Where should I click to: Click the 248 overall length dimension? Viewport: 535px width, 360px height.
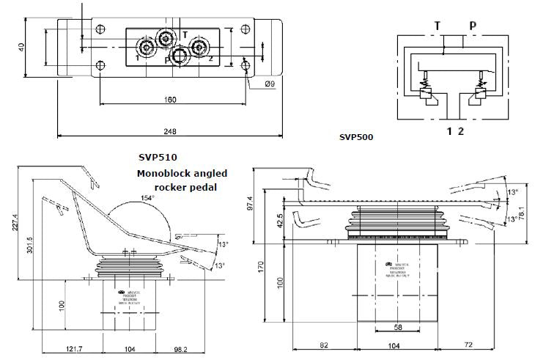coord(170,131)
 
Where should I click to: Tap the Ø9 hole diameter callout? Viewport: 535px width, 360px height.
coord(269,84)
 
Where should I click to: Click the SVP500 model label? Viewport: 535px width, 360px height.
coord(356,136)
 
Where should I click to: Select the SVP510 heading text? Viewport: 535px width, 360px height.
coord(158,157)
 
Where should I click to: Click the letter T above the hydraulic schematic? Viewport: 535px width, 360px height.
coord(438,26)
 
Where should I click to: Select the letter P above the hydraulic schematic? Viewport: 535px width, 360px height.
coord(473,26)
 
